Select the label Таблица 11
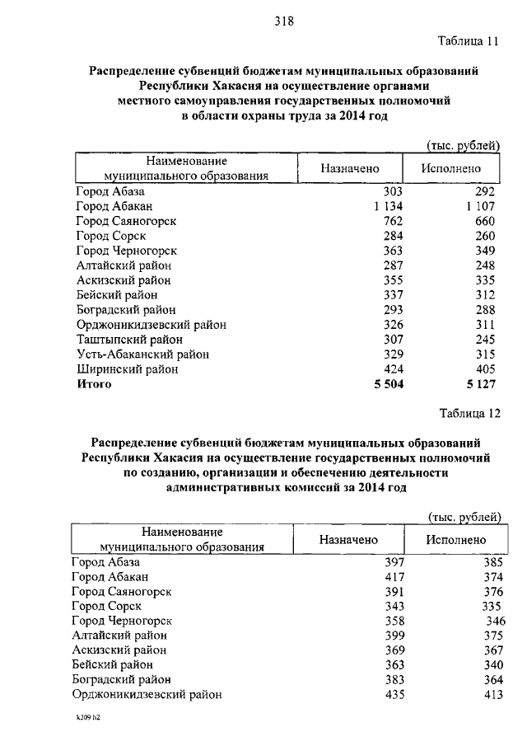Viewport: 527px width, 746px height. click(x=469, y=40)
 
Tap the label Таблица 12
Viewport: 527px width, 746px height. click(x=469, y=413)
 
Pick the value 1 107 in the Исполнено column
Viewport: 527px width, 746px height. click(x=480, y=206)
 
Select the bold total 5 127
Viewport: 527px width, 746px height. click(x=480, y=384)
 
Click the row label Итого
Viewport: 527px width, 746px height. click(x=93, y=384)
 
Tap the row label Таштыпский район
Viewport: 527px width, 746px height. click(x=124, y=340)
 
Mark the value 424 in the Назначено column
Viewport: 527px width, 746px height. click(x=392, y=369)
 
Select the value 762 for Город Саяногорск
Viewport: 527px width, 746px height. click(x=392, y=221)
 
